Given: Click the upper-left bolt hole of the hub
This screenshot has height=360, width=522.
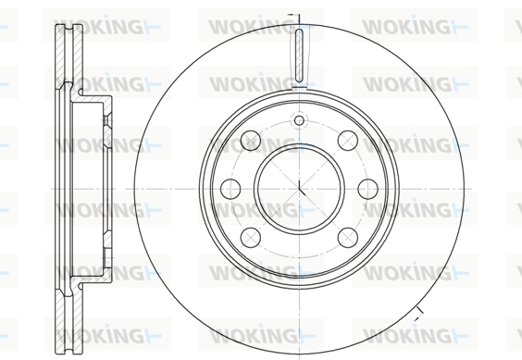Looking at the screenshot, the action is pyautogui.click(x=251, y=141).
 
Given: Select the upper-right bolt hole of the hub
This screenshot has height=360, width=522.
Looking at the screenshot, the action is pyautogui.click(x=348, y=141).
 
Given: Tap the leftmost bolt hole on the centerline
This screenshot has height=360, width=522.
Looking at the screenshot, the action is pyautogui.click(x=230, y=189).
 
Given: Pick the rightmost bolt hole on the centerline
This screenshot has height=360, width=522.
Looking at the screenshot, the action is pyautogui.click(x=367, y=189).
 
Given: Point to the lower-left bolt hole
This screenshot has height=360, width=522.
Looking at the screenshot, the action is pyautogui.click(x=251, y=238).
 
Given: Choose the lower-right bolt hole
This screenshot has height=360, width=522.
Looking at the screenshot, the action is pyautogui.click(x=348, y=238).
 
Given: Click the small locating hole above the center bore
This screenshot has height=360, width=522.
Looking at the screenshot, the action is pyautogui.click(x=299, y=120).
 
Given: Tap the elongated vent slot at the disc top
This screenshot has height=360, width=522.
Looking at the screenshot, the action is pyautogui.click(x=299, y=56).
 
